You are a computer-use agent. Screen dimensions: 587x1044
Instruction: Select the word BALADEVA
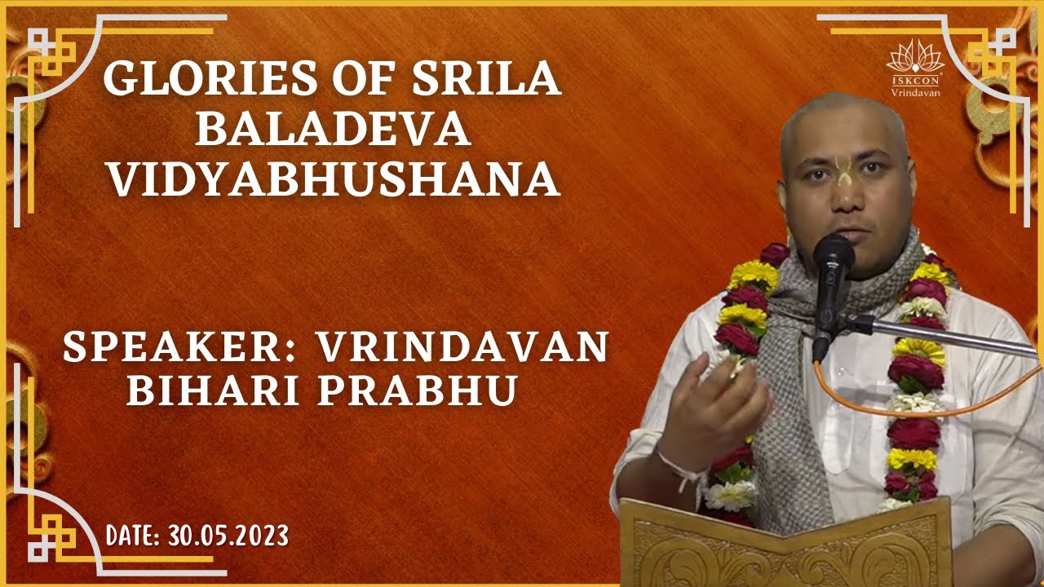click(x=334, y=131)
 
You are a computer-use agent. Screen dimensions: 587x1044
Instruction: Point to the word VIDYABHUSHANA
click(x=334, y=181)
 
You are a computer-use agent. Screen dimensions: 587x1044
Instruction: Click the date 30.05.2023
click(x=228, y=536)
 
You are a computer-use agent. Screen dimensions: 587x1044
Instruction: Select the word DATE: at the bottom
click(x=135, y=536)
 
